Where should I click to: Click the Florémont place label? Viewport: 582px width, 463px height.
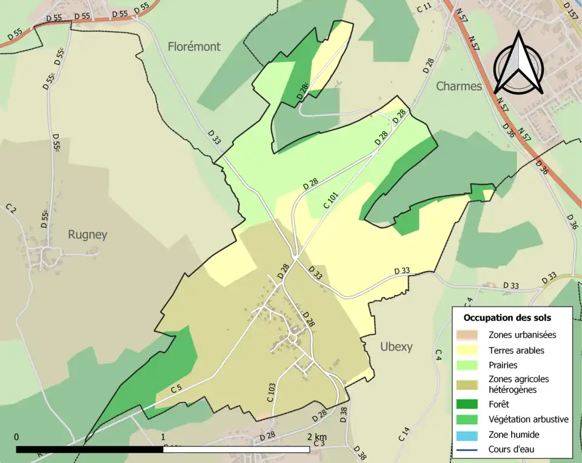click(194, 46)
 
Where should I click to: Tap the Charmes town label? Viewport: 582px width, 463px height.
click(459, 86)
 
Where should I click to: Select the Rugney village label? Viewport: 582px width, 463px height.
click(87, 235)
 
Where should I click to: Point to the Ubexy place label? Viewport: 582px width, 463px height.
click(396, 346)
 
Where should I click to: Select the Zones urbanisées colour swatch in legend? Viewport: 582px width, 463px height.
click(467, 334)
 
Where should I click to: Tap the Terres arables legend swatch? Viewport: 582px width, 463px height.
click(467, 350)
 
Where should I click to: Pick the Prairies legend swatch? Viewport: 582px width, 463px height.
click(467, 366)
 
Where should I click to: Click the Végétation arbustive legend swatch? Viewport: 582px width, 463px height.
click(467, 419)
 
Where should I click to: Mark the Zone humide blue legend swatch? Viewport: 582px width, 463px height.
click(467, 434)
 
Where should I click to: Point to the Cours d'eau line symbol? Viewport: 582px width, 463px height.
click(467, 450)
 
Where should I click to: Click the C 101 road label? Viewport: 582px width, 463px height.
click(330, 201)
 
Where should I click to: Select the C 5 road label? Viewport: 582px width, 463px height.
click(176, 388)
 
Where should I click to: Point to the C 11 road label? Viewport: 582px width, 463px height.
click(425, 7)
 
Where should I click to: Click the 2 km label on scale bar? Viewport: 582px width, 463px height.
click(316, 437)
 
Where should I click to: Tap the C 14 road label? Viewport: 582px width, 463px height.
click(404, 434)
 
